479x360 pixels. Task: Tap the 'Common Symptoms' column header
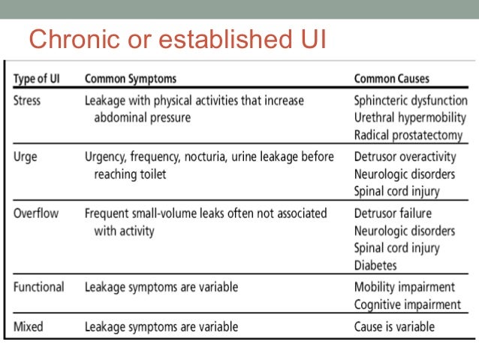tap(131, 78)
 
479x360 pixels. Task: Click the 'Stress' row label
tap(28, 99)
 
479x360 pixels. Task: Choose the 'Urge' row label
tap(26, 156)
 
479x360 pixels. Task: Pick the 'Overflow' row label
tap(36, 213)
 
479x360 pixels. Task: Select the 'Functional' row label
tap(39, 287)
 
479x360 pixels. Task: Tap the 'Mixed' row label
tap(29, 326)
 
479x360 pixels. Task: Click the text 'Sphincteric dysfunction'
tap(410, 99)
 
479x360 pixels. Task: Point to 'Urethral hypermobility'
tap(409, 117)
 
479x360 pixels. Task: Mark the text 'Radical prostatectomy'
tap(406, 135)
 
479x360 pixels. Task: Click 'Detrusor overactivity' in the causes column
tap(405, 156)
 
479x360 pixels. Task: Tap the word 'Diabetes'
tap(375, 266)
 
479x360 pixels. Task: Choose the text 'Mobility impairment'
tap(404, 287)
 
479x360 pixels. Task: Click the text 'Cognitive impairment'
tap(407, 304)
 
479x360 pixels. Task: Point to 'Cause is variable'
tap(394, 326)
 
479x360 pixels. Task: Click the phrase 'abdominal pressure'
tap(143, 117)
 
